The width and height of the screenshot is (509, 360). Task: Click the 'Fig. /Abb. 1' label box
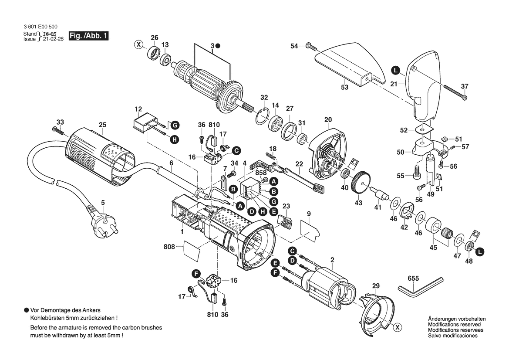[x=88, y=36]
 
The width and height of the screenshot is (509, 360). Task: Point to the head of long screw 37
[x=465, y=97]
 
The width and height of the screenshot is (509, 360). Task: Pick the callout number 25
[x=102, y=125]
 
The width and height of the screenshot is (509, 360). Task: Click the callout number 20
[x=328, y=119]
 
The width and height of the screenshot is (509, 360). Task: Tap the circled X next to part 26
[x=138, y=44]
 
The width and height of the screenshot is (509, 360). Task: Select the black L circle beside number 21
[x=394, y=70]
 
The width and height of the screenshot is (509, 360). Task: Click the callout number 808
[x=169, y=247]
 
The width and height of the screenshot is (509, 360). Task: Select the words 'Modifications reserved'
[x=454, y=325]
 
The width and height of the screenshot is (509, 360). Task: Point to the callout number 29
[x=376, y=286]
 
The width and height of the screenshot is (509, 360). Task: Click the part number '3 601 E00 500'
[x=40, y=27]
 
